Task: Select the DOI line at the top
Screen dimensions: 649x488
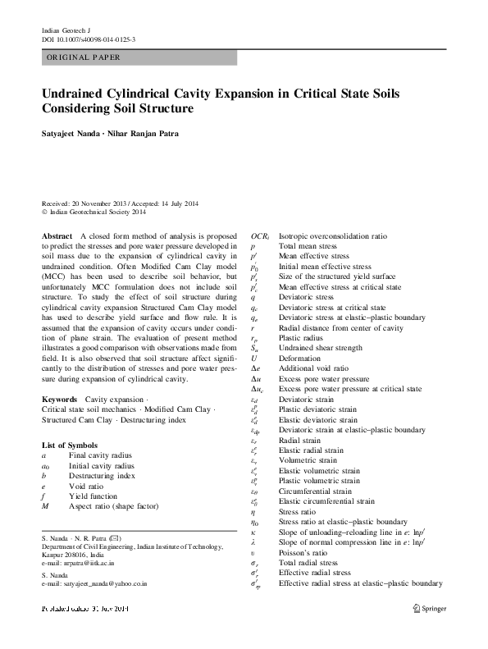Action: [x=88, y=39]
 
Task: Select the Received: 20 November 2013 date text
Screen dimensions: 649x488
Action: [x=91, y=203]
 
